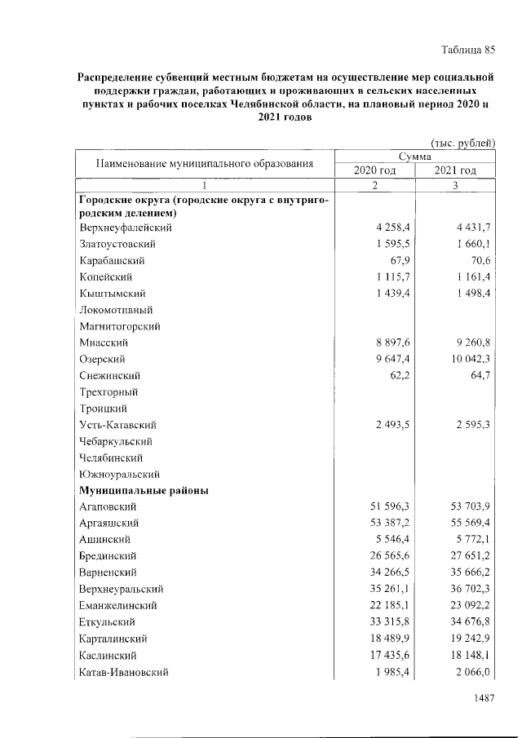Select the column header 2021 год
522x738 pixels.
point(455,170)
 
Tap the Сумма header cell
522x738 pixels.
point(415,157)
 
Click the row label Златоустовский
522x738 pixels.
point(117,244)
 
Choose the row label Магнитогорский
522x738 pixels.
point(120,326)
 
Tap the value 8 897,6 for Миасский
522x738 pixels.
point(387,342)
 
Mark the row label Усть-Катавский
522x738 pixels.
point(117,425)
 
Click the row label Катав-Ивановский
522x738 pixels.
point(123,672)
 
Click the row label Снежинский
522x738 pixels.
point(110,375)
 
